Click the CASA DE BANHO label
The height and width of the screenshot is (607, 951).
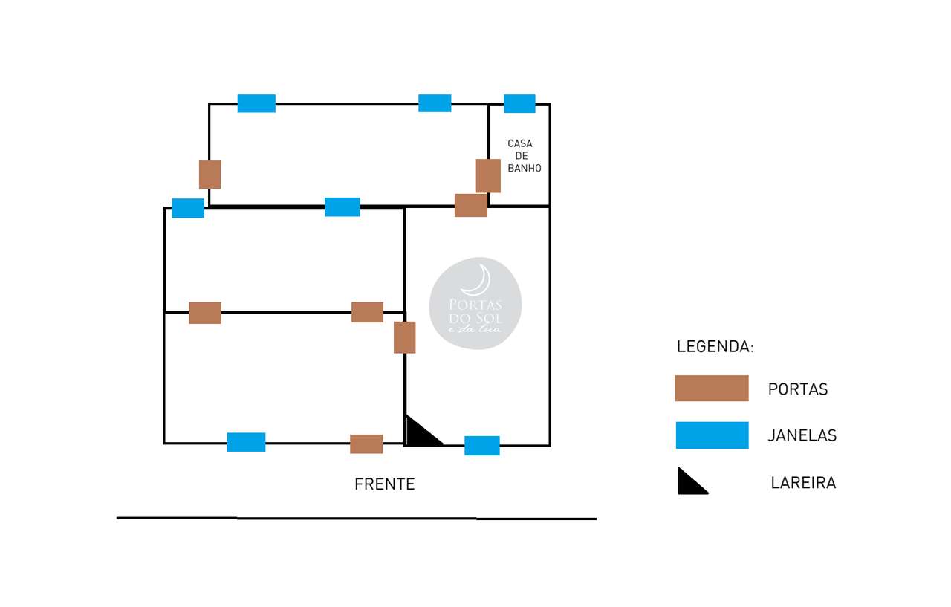(524, 156)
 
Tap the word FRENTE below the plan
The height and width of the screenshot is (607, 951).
(384, 484)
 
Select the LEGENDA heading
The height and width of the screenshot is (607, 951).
(715, 347)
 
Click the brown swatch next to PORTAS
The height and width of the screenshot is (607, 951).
(711, 389)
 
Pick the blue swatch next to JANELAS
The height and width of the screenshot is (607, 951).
(712, 435)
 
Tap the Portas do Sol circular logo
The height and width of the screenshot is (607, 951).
(475, 303)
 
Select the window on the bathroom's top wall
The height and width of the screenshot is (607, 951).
(519, 104)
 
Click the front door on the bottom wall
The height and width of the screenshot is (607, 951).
(366, 444)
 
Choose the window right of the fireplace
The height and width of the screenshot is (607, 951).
(481, 446)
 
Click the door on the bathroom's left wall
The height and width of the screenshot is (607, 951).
(488, 175)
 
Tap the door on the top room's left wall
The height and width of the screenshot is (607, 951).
(210, 175)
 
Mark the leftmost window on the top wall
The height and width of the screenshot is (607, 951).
(256, 103)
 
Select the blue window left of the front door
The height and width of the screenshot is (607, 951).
(246, 442)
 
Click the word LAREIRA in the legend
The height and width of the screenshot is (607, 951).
(803, 484)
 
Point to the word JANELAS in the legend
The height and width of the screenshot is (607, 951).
(802, 436)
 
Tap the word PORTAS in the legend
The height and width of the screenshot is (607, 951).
(797, 389)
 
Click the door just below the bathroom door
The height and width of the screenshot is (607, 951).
(470, 205)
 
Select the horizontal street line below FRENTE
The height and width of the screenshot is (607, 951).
(357, 518)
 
